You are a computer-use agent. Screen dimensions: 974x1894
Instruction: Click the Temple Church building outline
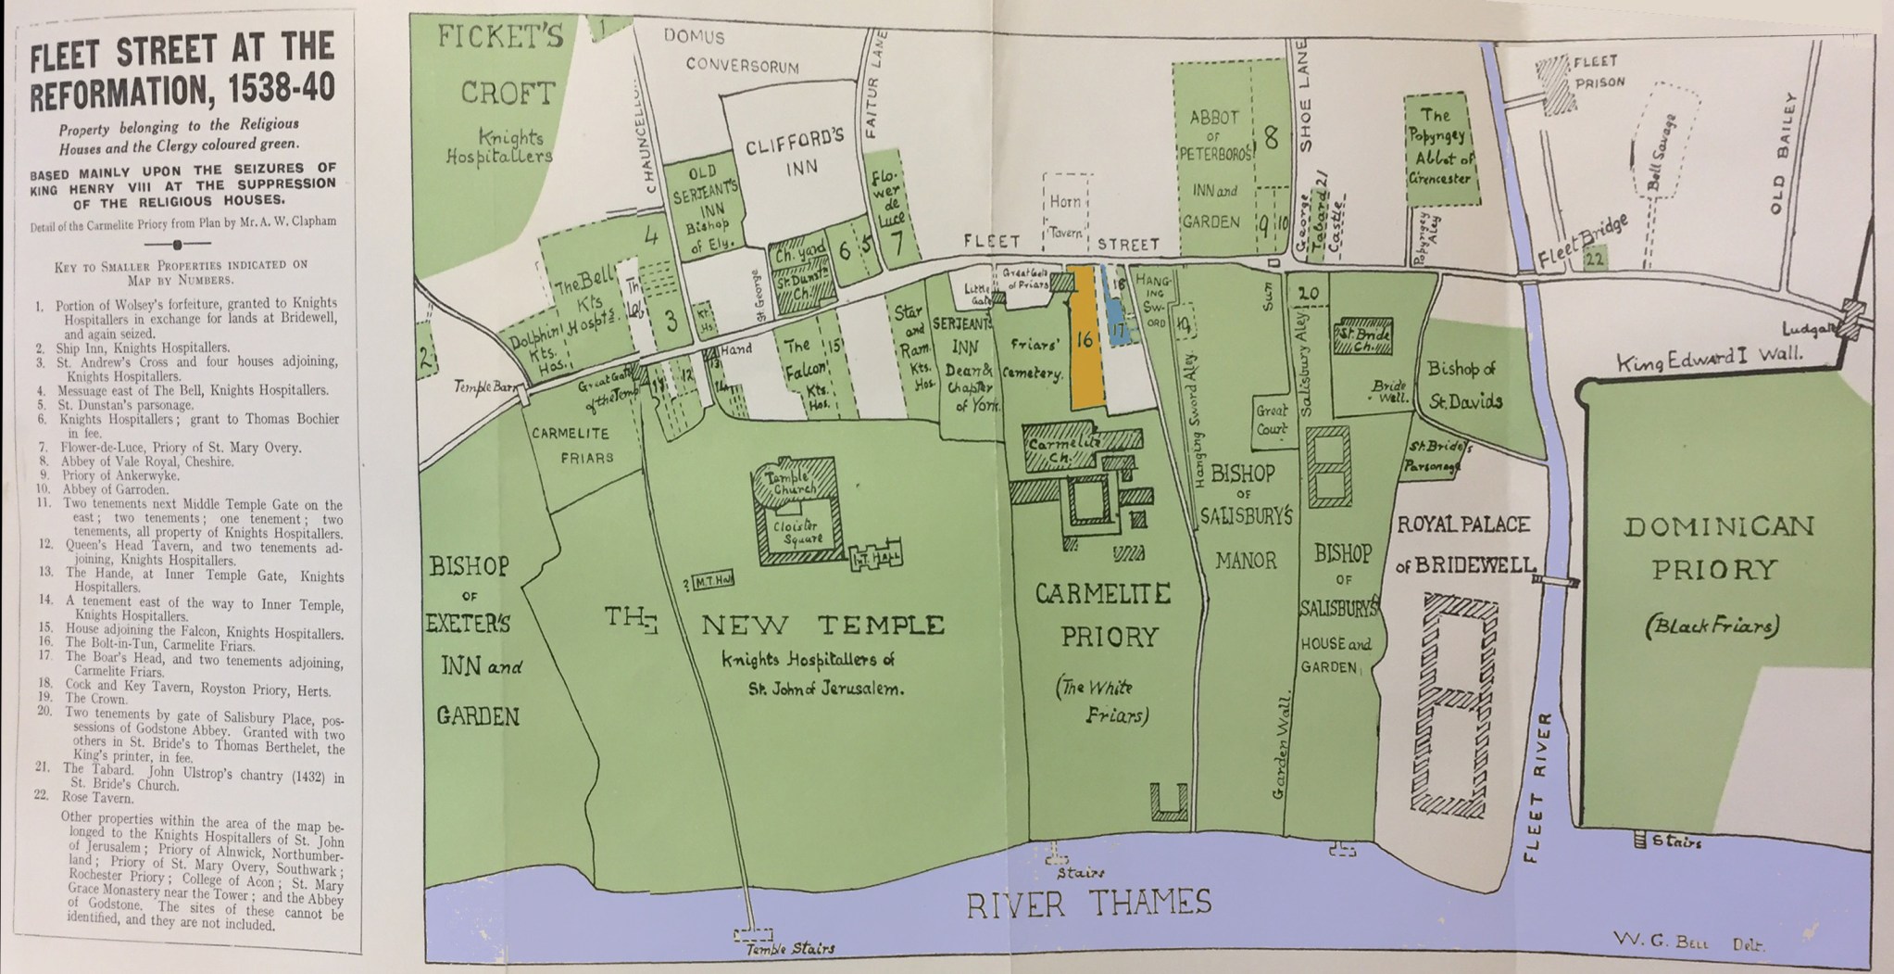(x=793, y=483)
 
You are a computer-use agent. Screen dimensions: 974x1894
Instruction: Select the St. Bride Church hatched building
(x=1362, y=337)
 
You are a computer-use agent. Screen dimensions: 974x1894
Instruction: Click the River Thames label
(x=1088, y=903)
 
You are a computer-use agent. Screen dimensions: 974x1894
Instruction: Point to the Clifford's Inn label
(x=796, y=153)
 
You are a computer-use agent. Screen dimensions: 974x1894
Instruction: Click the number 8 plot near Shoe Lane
(x=1271, y=139)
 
